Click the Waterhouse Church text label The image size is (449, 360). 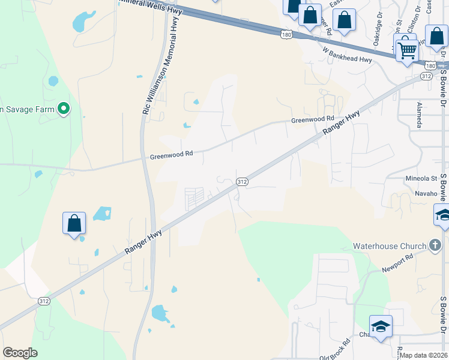389,245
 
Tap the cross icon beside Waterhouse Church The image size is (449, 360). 436,245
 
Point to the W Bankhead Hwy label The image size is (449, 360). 347,55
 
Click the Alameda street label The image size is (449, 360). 419,115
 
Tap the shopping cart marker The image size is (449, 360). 407,49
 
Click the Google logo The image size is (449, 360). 20,352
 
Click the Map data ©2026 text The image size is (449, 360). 424,355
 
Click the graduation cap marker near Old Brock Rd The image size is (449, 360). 381,326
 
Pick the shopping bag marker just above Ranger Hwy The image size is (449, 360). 74,223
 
